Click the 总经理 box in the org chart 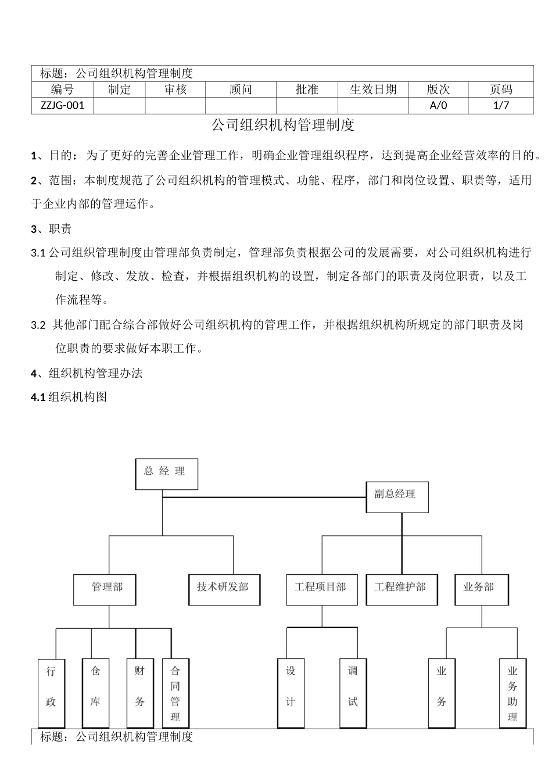pyautogui.click(x=166, y=474)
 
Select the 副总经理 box pyautogui.click(x=397, y=497)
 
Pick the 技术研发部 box pyautogui.click(x=224, y=589)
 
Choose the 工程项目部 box pyautogui.click(x=321, y=589)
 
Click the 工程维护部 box pyautogui.click(x=402, y=589)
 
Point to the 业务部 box pyautogui.click(x=481, y=589)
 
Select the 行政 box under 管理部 pyautogui.click(x=51, y=693)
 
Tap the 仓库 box pyautogui.click(x=96, y=693)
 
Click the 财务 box pyautogui.click(x=140, y=693)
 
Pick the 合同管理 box pyautogui.click(x=175, y=693)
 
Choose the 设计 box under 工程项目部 pyautogui.click(x=291, y=693)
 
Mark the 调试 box pyautogui.click(x=353, y=693)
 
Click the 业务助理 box pyautogui.click(x=512, y=693)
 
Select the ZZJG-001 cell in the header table pyautogui.click(x=63, y=105)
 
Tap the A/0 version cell pyautogui.click(x=439, y=105)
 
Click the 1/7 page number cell pyautogui.click(x=501, y=105)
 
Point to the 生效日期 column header pyautogui.click(x=373, y=89)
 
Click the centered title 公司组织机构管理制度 pyautogui.click(x=282, y=125)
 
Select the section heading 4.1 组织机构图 pyautogui.click(x=69, y=397)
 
